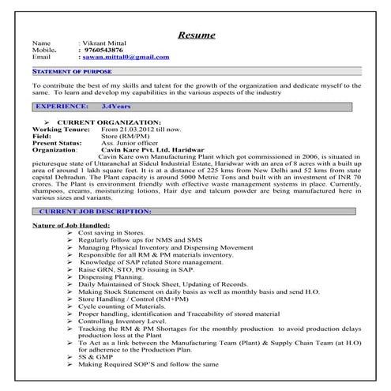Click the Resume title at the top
point(195,35)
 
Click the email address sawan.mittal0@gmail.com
point(130,58)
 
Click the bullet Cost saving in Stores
point(111,235)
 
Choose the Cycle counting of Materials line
point(119,306)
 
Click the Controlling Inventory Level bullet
point(122,320)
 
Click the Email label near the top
point(41,58)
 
